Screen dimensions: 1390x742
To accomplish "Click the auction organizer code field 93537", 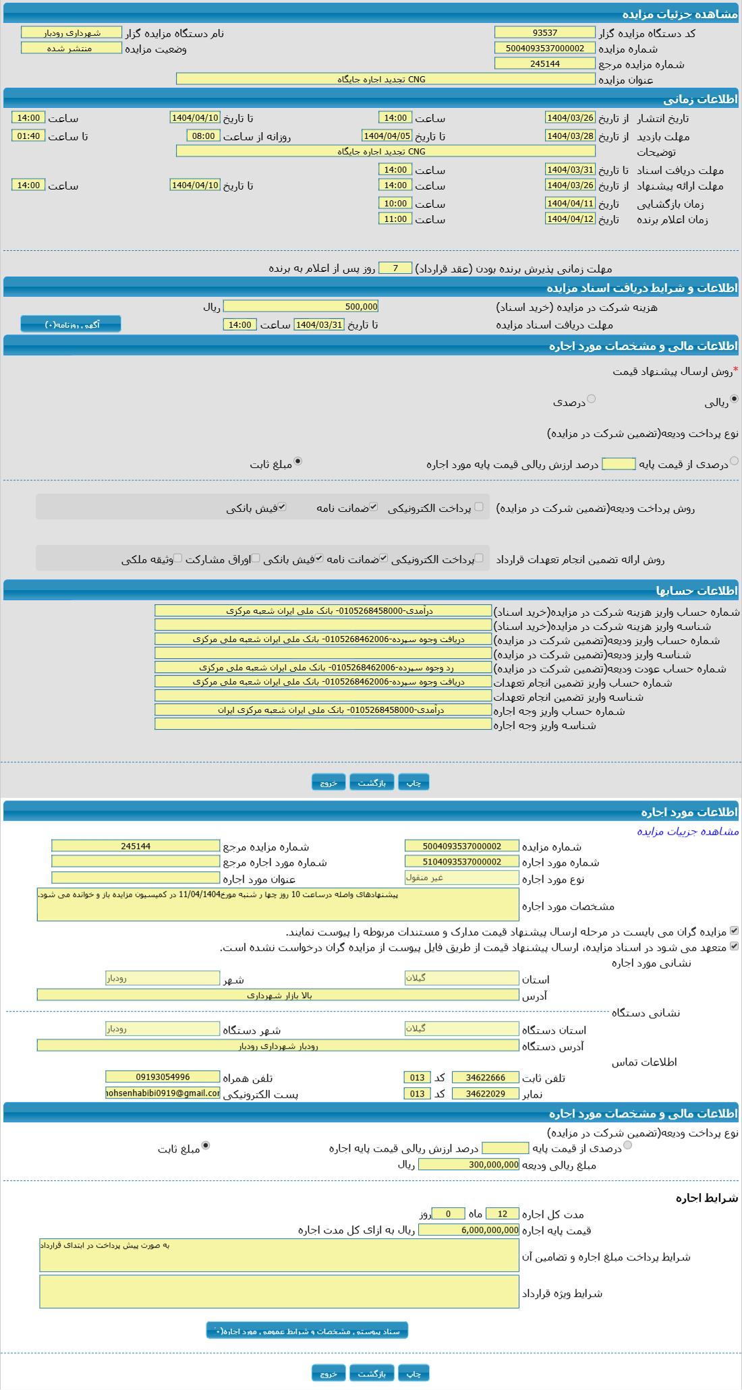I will pos(544,32).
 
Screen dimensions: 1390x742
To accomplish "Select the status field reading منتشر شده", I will pos(71,49).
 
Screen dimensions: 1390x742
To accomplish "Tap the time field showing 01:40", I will pos(28,136).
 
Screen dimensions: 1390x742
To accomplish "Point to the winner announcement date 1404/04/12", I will pos(570,219).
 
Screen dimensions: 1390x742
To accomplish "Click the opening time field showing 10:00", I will pos(395,204).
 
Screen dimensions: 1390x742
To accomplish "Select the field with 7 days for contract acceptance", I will pos(395,268).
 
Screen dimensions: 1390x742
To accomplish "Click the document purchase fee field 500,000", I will pos(301,307).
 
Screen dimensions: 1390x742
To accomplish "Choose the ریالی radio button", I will pos(735,399).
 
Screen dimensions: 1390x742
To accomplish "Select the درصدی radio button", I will pos(592,399).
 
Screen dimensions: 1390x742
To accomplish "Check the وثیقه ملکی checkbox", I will pos(178,558).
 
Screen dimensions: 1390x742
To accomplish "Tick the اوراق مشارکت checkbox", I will pos(256,558).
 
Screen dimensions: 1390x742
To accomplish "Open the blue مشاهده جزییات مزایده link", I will pos(687,832).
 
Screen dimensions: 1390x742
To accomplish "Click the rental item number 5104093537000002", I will pos(462,862).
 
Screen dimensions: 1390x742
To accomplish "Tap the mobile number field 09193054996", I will pos(163,1077).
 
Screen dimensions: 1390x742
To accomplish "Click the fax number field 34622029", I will pos(486,1093).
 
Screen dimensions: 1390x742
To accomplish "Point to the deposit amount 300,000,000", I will pos(469,1165).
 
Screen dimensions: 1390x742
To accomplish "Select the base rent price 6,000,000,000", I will pos(469,1230).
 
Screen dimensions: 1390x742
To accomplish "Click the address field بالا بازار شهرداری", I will pos(277,995).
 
